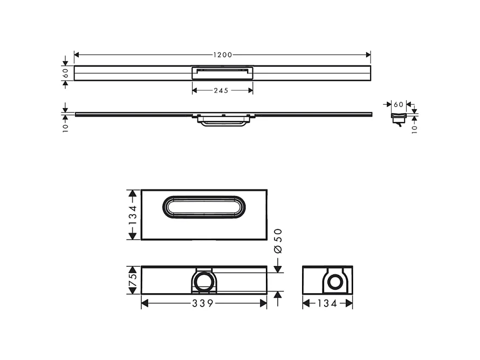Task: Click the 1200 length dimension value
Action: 222,55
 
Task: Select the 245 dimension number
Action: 222,90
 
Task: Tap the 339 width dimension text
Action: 204,303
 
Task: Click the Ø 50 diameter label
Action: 278,241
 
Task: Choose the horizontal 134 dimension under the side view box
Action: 327,303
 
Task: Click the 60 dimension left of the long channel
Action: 65,73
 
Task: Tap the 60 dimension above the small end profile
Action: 398,104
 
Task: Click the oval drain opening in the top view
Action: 204,207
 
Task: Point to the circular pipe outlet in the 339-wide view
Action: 204,281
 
